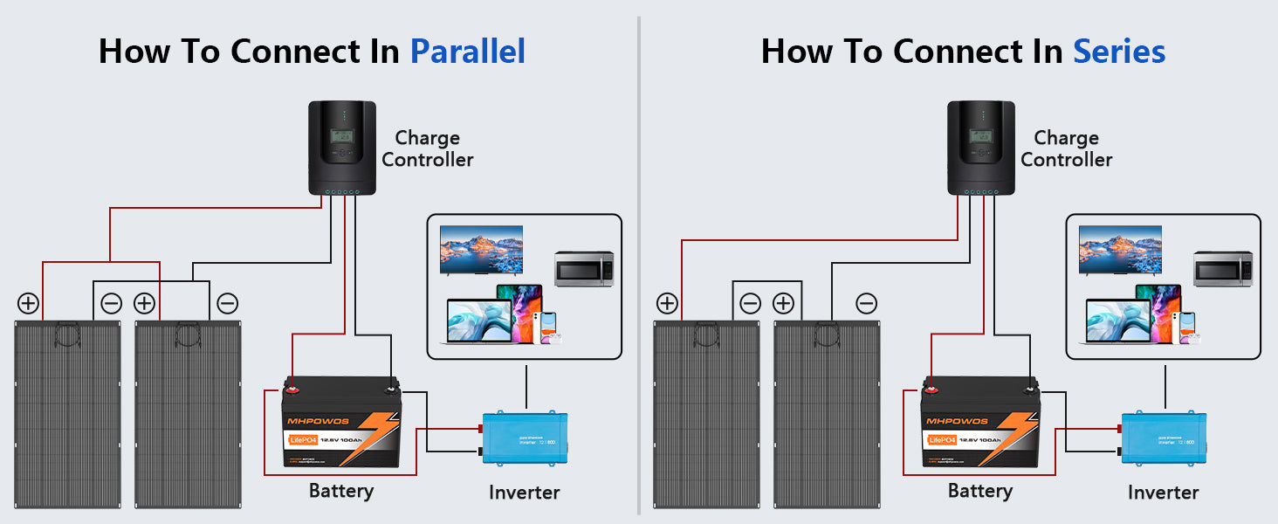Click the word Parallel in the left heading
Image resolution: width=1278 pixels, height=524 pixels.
click(468, 52)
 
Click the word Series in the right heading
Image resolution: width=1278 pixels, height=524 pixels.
click(1119, 52)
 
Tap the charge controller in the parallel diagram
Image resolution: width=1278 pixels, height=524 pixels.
click(341, 147)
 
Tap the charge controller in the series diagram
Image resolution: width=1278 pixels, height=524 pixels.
click(980, 147)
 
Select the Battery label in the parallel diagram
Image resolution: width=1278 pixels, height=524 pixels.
click(340, 491)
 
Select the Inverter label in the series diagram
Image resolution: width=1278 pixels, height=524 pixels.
click(1163, 493)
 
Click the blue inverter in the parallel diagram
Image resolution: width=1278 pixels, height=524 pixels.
click(526, 438)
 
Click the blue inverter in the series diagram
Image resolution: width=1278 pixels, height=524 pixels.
click(1165, 438)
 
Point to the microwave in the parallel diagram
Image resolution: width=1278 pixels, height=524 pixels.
click(584, 269)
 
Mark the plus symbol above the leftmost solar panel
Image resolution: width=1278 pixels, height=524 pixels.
click(28, 303)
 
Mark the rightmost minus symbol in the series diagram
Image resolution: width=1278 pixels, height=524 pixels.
click(866, 303)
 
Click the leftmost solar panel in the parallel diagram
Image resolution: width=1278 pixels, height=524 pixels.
click(67, 415)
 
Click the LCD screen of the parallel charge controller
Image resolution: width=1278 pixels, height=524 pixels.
click(341, 136)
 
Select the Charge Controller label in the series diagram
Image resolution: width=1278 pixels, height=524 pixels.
click(1066, 148)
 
